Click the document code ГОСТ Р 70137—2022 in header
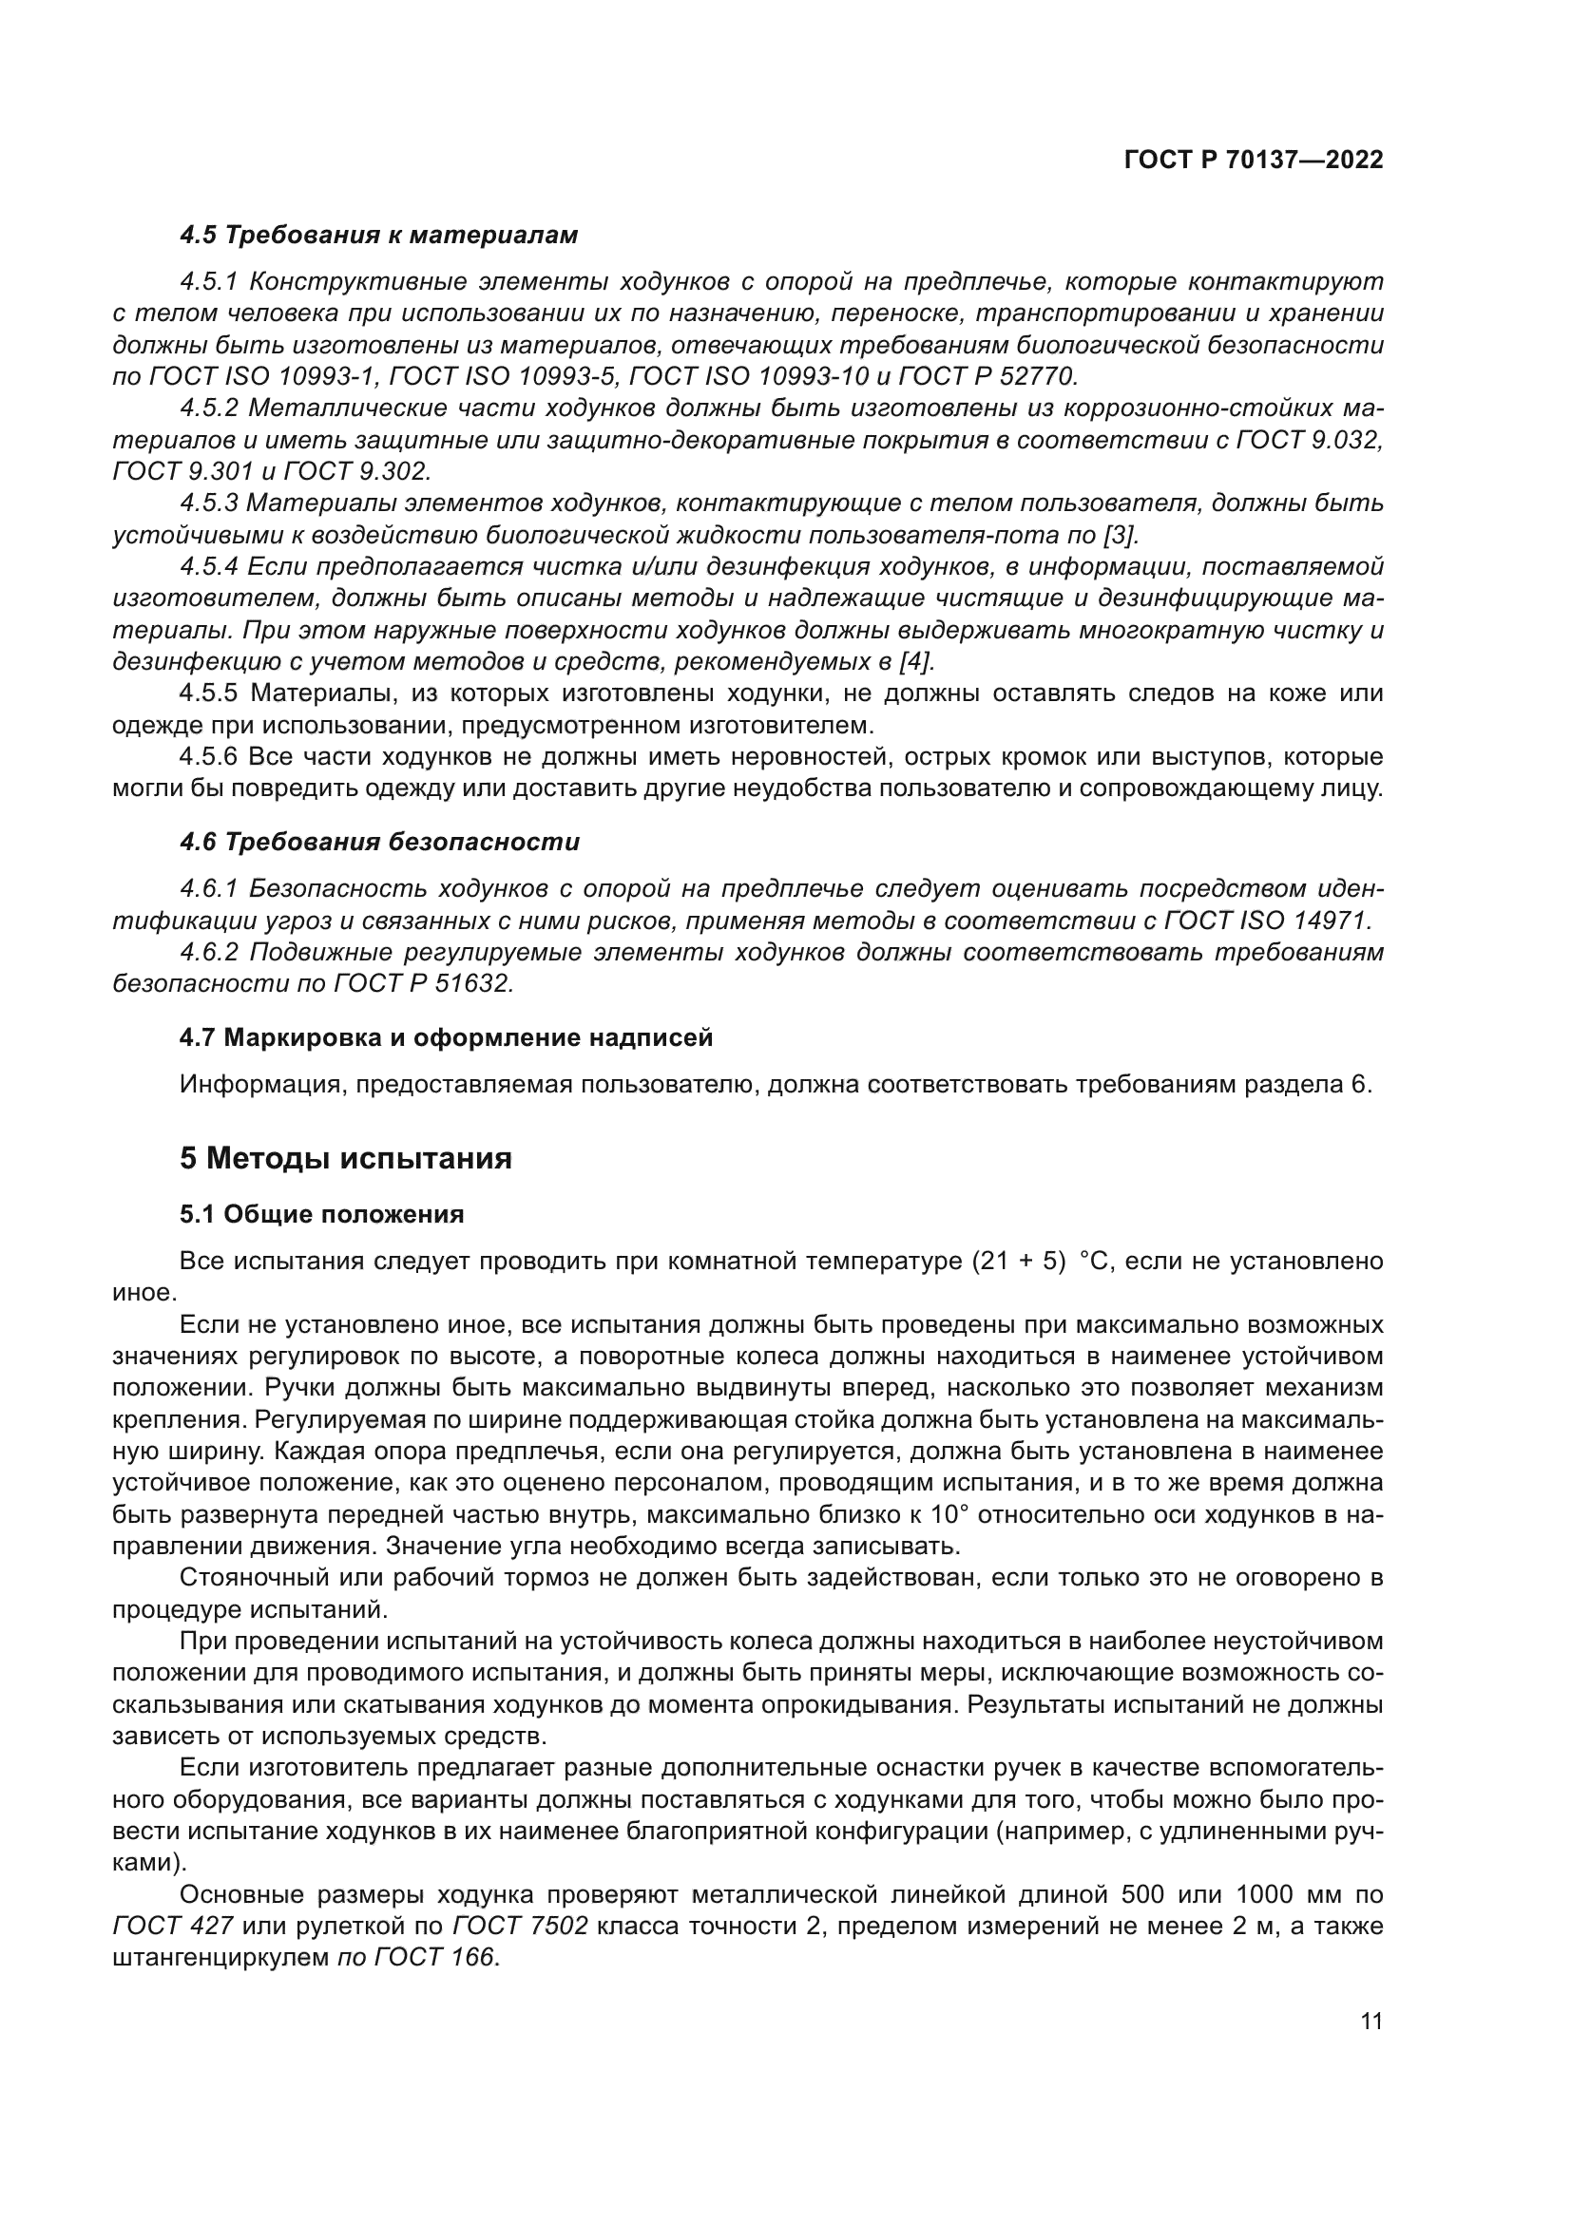[1254, 161]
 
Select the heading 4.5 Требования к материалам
[378, 236]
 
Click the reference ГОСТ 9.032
[1309, 441]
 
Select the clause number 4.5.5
[208, 693]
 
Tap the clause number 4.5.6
[208, 756]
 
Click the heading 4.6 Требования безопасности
[379, 842]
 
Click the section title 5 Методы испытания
[346, 1158]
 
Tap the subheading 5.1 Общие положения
[321, 1215]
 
